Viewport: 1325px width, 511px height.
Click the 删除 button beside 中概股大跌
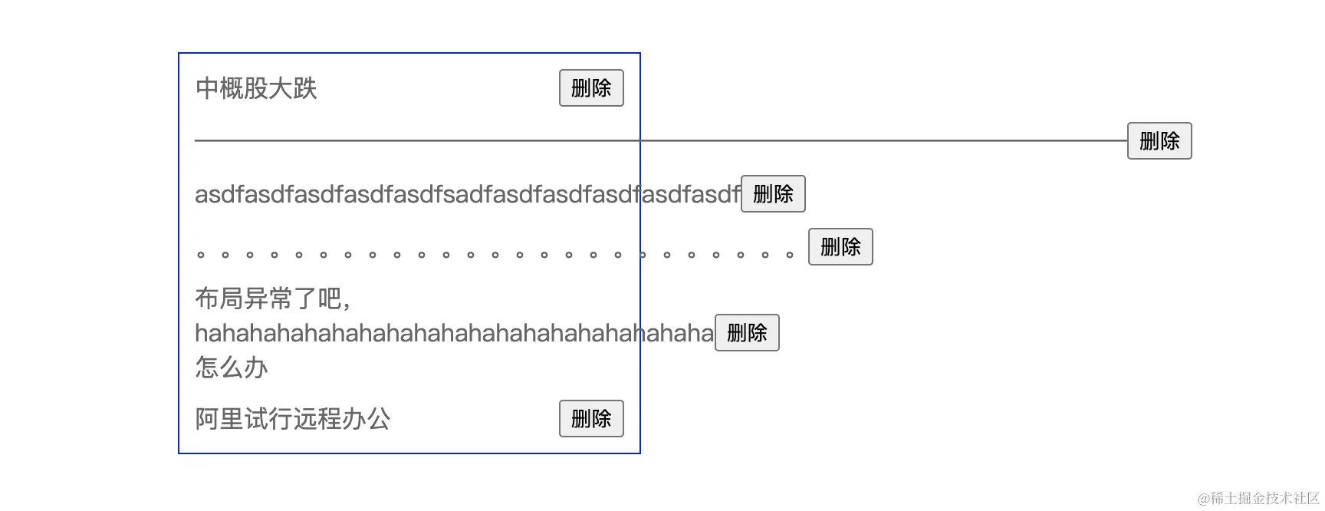(591, 88)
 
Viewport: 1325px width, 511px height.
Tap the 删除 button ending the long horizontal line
(1159, 141)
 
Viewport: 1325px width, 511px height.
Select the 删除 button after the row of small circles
(840, 247)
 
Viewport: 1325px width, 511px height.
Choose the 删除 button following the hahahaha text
(747, 333)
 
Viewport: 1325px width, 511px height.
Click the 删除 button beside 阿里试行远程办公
(591, 419)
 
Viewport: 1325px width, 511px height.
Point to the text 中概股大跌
(256, 88)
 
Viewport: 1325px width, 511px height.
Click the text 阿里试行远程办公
(293, 419)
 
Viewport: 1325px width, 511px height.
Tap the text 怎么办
(232, 368)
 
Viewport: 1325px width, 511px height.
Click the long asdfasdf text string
(467, 194)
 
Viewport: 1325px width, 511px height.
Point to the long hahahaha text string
(454, 333)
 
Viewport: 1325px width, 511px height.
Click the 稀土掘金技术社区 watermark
(1258, 499)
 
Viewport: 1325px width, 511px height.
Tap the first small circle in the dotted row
(201, 255)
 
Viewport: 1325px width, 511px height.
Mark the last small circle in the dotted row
(790, 255)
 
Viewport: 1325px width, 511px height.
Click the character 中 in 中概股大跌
(207, 88)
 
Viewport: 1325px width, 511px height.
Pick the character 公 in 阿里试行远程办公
(379, 419)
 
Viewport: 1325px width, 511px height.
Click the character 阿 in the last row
(207, 419)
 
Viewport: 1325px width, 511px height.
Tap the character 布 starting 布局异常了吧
(207, 298)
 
